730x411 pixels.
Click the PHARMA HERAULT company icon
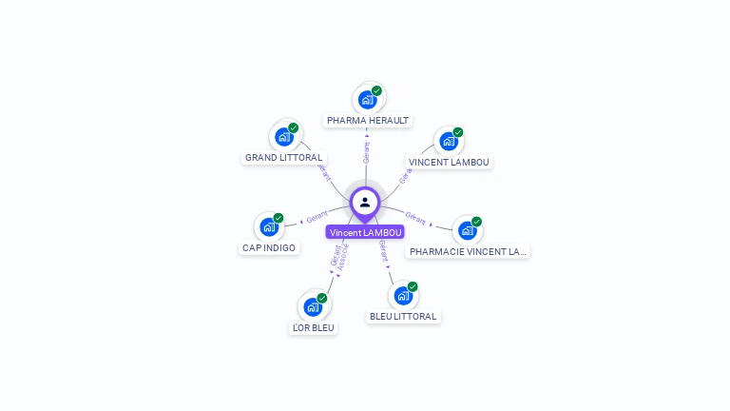366,99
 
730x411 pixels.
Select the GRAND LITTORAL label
284,157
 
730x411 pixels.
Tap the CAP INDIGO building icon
269,227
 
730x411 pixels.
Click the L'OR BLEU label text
314,327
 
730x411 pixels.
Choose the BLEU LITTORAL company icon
402,295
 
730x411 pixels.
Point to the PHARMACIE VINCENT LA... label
467,251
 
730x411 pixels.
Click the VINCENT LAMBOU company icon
448,141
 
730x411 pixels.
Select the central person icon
365,202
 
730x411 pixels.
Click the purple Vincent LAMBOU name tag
366,232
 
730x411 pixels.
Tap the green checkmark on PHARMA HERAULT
376,91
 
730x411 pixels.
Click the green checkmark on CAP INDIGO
279,218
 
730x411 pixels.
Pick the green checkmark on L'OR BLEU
322,299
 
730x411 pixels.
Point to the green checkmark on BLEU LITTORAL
413,286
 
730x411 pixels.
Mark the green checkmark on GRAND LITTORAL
294,127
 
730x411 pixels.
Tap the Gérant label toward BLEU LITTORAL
383,250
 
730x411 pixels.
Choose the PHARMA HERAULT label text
368,121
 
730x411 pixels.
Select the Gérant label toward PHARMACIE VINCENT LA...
415,217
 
